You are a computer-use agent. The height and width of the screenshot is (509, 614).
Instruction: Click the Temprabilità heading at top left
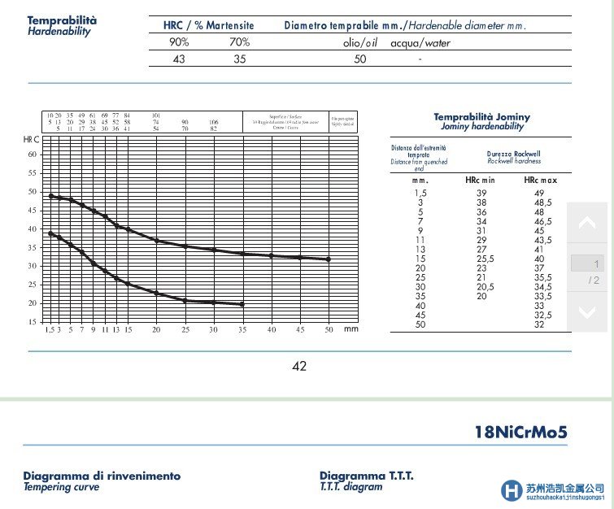[62, 20]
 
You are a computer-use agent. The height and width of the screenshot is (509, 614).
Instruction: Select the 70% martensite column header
[239, 42]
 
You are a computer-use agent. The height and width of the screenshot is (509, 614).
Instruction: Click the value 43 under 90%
[178, 59]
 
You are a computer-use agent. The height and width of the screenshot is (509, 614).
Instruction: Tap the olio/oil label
[359, 43]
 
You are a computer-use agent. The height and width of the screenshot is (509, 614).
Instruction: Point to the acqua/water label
[420, 43]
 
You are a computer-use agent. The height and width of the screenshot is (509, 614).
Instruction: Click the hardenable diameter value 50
[360, 59]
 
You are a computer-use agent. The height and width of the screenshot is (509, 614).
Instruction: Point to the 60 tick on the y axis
[33, 154]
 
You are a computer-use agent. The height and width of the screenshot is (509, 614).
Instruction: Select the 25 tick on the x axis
[185, 329]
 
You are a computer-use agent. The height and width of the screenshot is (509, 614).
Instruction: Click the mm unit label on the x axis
[351, 329]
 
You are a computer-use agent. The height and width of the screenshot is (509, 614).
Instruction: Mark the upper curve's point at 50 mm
[329, 259]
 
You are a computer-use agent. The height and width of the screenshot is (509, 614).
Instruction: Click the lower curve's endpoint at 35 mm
[242, 304]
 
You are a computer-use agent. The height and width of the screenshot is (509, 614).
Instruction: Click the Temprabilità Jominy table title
[481, 117]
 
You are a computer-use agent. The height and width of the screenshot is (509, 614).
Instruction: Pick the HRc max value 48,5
[542, 202]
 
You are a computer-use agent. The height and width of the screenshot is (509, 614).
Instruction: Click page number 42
[299, 366]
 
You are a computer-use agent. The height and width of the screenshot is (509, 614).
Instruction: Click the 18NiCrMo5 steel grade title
[520, 432]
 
